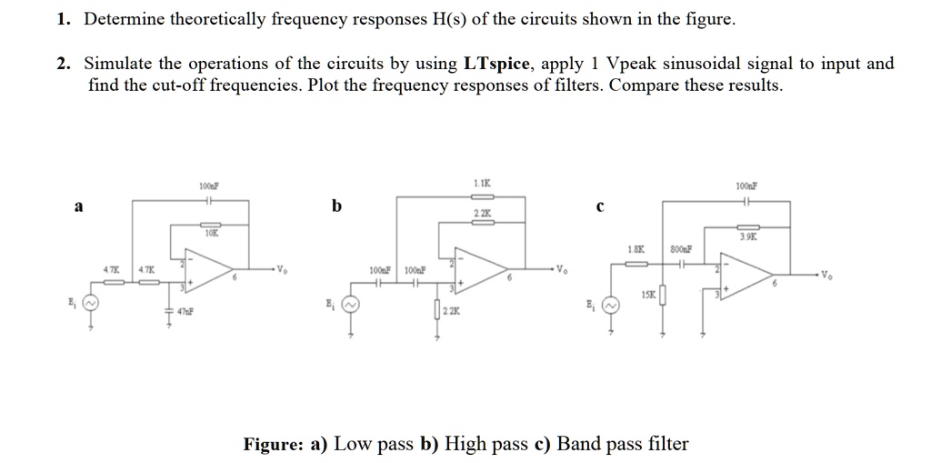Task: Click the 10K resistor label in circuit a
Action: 210,233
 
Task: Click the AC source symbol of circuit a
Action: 90,302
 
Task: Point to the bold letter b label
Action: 337,206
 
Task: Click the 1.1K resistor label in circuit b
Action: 482,185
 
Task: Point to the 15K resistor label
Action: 646,295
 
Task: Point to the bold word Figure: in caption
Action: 274,445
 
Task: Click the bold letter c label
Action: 600,206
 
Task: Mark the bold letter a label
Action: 78,206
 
